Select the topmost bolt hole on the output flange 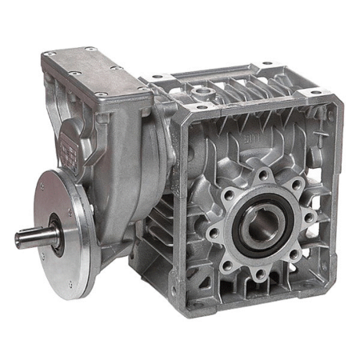[262, 175]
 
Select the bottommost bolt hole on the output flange [258, 274]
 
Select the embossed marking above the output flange [249, 140]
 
